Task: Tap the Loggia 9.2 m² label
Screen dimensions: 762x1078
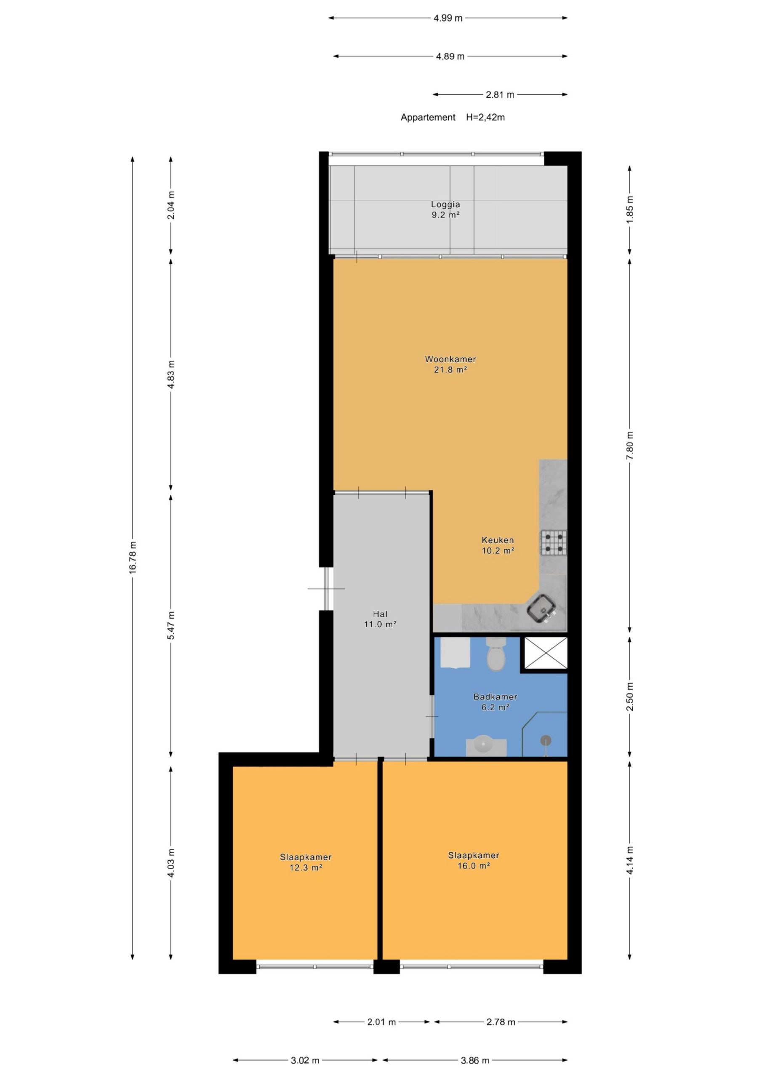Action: click(445, 209)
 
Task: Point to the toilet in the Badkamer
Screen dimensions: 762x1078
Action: click(496, 654)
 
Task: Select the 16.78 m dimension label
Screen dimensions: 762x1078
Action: click(133, 557)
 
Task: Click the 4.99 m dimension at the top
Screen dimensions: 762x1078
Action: click(448, 18)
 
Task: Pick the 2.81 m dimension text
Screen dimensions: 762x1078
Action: click(500, 95)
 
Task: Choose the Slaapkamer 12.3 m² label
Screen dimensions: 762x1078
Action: click(306, 862)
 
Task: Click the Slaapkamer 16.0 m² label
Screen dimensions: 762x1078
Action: click(474, 861)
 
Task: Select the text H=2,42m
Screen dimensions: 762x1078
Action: click(485, 117)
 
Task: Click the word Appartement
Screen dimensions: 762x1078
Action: click(428, 118)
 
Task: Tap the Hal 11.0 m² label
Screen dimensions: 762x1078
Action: click(380, 619)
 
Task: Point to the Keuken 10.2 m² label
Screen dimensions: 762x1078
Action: click(498, 545)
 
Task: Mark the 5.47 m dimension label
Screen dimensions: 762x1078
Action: click(171, 625)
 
